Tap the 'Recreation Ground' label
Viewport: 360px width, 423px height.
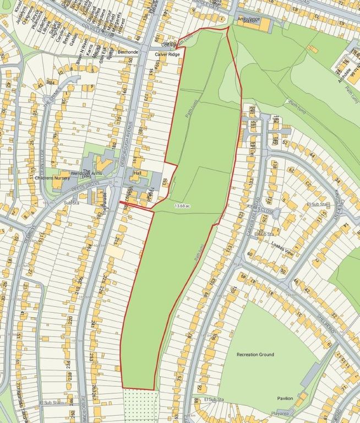point(255,355)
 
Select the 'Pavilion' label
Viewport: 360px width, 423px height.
point(285,398)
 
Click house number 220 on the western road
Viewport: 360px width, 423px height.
point(70,321)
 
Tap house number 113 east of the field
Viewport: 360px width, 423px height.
point(230,248)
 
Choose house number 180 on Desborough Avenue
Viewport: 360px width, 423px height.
point(114,145)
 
